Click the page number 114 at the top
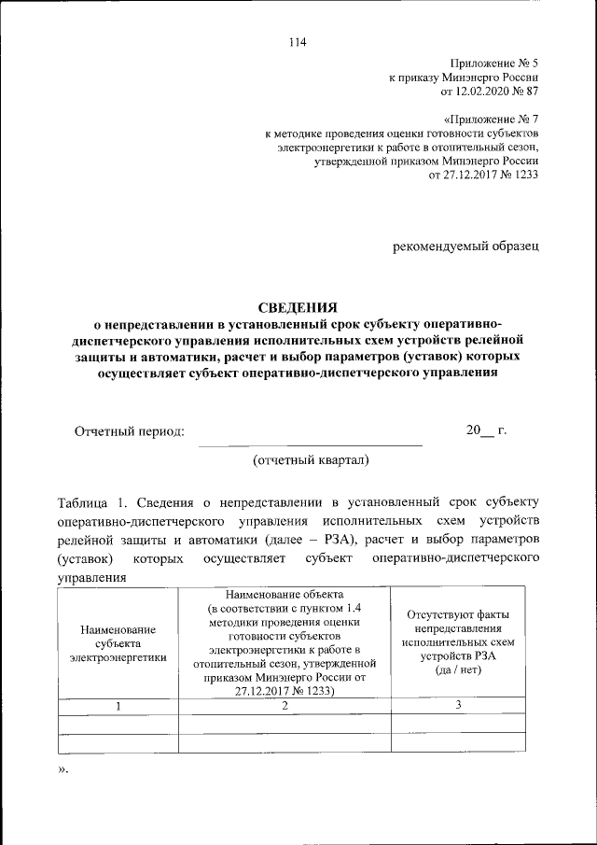coord(298,41)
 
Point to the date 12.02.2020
coord(483,92)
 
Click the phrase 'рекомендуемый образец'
coord(465,246)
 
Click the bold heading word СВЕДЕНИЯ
coord(298,306)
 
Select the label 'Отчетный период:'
coord(130,430)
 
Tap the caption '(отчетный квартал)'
coord(311,459)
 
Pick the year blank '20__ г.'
coord(486,430)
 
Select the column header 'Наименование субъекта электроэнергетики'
coord(118,643)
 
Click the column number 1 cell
coord(118,706)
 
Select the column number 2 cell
coord(285,706)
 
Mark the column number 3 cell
coord(457,706)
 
